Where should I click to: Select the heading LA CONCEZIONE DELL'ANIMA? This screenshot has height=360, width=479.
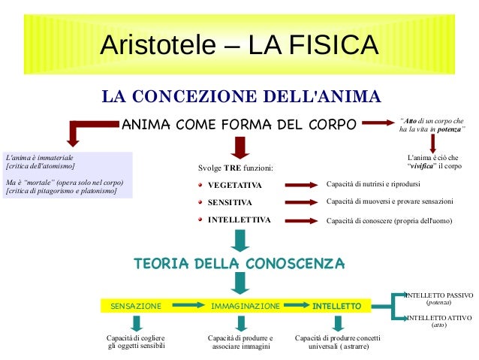[242, 97]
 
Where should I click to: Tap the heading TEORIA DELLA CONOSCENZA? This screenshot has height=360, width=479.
[239, 264]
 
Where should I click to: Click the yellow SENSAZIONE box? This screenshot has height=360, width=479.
[136, 307]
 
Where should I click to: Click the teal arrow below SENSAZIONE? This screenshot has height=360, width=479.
[136, 324]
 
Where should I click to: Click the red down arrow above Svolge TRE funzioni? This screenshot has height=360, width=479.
[240, 147]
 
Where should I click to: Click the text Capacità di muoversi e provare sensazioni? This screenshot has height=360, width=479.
[390, 202]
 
